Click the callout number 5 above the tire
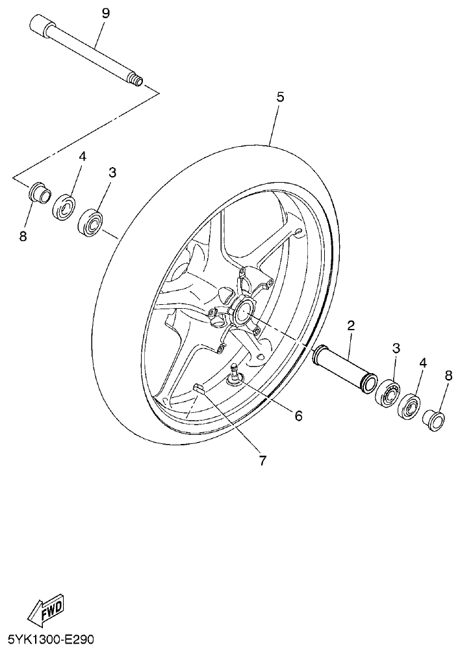click(280, 97)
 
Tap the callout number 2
click(350, 325)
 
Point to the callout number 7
click(262, 460)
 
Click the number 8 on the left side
click(23, 237)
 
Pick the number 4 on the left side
click(83, 157)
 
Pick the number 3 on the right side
click(396, 348)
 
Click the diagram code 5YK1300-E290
click(49, 640)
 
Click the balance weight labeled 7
click(199, 389)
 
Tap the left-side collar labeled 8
click(40, 193)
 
